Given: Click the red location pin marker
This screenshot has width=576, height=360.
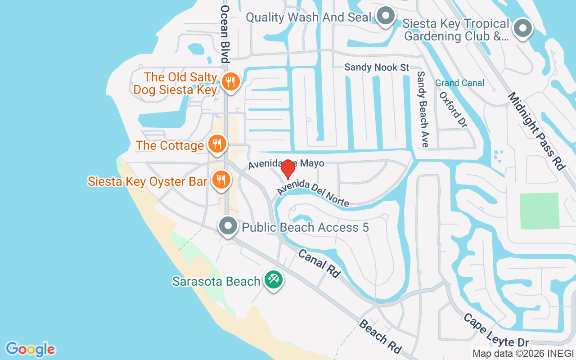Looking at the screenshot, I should pyautogui.click(x=288, y=170).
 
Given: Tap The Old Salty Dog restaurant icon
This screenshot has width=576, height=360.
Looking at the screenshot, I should pyautogui.click(x=230, y=82).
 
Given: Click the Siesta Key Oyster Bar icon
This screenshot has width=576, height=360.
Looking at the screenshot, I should pyautogui.click(x=220, y=180).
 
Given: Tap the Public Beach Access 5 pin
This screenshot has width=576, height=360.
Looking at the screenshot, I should pyautogui.click(x=228, y=226).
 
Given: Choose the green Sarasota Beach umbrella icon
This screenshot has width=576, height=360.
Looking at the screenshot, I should pyautogui.click(x=273, y=280).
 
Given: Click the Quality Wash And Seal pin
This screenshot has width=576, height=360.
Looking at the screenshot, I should pyautogui.click(x=385, y=17).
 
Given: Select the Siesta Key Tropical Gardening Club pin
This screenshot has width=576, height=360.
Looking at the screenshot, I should pyautogui.click(x=522, y=29).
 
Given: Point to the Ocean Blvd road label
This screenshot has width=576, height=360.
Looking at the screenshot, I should pyautogui.click(x=225, y=34).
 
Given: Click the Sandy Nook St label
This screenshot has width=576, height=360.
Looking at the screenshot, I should pyautogui.click(x=377, y=67).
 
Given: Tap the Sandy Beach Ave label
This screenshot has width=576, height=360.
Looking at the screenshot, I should pyautogui.click(x=422, y=109).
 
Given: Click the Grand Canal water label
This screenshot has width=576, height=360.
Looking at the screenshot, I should pyautogui.click(x=459, y=83).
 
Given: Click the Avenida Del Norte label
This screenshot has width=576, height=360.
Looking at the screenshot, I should pyautogui.click(x=313, y=193).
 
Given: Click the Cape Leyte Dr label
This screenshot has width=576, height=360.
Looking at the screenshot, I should pyautogui.click(x=496, y=331).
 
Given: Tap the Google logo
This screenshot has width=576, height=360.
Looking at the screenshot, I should pyautogui.click(x=31, y=349).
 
